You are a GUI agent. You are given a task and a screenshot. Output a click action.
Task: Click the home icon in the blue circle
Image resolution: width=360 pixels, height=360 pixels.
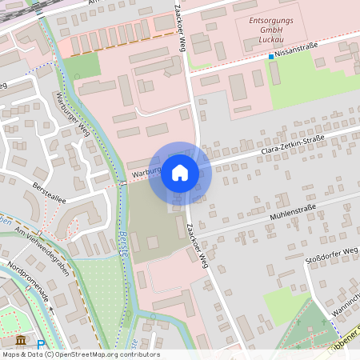coord(179,172)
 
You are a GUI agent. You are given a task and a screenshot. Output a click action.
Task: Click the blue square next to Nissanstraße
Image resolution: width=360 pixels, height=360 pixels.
coord(270,57)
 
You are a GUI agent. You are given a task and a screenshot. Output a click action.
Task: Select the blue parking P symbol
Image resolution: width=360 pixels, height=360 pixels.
coord(41,344)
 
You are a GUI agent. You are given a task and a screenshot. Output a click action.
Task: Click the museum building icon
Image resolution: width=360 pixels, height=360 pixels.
coord(20,341)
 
